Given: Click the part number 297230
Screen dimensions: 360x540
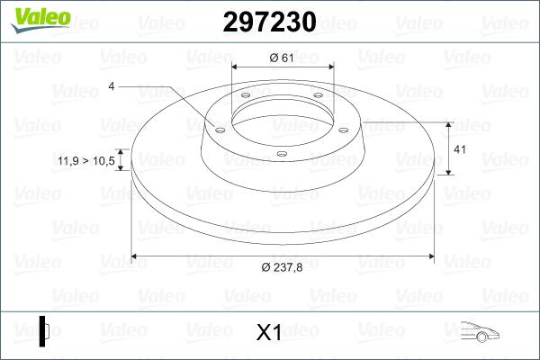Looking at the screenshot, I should point(269,22).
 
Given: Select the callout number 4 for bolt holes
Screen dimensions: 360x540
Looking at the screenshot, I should point(112,86).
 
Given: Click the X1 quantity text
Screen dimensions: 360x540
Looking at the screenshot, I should point(269,333).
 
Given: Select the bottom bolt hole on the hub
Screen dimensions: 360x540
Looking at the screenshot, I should point(282,155).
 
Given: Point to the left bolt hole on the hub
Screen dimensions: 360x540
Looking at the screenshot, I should point(220,128).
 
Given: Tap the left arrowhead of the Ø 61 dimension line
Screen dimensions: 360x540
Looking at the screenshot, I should point(236,67).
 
